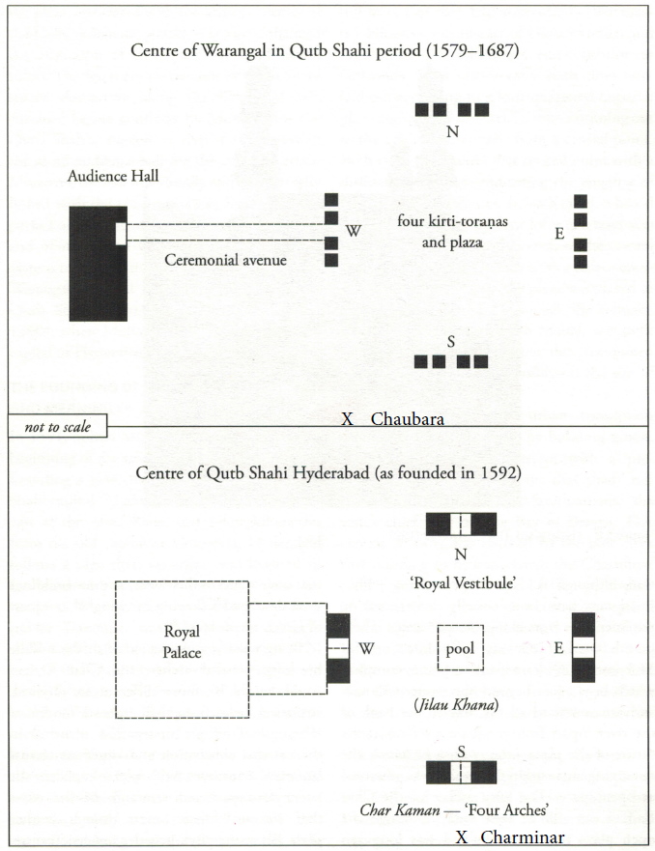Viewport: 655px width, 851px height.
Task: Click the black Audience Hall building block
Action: [99, 264]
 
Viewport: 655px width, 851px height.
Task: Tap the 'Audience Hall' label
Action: [113, 176]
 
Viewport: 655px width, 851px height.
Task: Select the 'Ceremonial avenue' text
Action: [226, 260]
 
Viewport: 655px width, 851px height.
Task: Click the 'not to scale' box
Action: [58, 427]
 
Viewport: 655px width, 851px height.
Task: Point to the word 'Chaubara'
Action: [408, 419]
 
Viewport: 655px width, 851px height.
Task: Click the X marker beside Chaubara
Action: [348, 419]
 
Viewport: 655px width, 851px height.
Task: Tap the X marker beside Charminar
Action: [461, 837]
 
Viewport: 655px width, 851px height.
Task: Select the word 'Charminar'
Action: [523, 837]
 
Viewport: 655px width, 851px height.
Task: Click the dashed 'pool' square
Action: [460, 647]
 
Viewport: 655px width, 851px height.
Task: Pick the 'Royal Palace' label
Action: [183, 641]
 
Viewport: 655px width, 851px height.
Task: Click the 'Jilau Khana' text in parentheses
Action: [456, 704]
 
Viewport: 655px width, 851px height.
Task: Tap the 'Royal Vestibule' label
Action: [463, 582]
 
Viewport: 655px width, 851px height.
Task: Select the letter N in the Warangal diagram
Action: [452, 131]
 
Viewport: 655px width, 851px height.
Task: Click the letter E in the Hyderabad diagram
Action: [558, 647]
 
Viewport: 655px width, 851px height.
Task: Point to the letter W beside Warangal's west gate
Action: [354, 231]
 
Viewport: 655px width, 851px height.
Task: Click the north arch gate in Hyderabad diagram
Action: [461, 525]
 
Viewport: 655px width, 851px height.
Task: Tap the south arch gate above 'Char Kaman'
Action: [461, 773]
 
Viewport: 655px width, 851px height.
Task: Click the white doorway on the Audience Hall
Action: [121, 234]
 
